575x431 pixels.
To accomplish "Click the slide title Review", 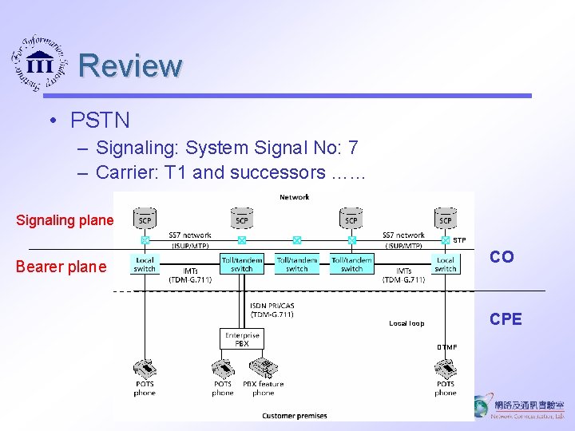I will [131, 65].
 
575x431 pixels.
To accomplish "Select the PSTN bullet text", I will [100, 121].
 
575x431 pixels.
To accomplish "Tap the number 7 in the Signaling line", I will [353, 148].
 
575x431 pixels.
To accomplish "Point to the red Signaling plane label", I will [65, 220].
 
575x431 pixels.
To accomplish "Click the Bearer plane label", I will [61, 267].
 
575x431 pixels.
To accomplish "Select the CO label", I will [502, 257].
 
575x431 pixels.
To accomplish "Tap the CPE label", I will [506, 319].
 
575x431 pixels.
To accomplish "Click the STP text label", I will [459, 239].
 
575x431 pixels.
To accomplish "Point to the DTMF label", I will [446, 347].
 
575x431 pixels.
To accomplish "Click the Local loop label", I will [406, 323].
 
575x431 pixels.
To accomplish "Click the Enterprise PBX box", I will [241, 339].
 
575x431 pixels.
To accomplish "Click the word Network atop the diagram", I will [294, 196].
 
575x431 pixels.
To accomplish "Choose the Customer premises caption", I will [294, 416].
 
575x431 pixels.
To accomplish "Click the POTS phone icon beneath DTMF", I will [445, 369].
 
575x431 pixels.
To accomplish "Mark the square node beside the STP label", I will [445, 239].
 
